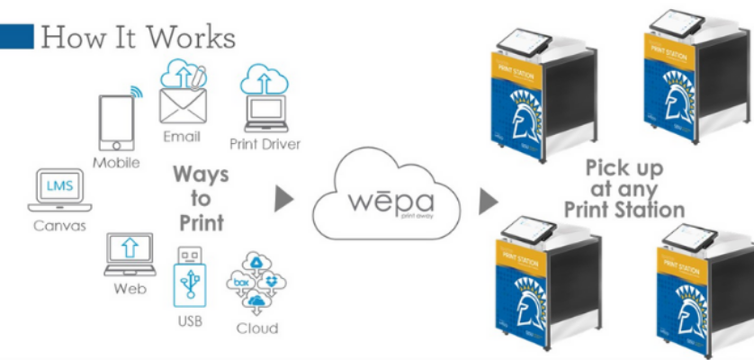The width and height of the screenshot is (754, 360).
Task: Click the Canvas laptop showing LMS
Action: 58,191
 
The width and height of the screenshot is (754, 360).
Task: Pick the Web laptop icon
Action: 130,254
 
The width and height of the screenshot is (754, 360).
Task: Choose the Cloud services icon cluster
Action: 256,281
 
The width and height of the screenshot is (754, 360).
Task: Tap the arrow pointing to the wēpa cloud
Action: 283,198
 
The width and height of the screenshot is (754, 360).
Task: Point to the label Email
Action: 182,137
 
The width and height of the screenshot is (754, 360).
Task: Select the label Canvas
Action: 58,225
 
